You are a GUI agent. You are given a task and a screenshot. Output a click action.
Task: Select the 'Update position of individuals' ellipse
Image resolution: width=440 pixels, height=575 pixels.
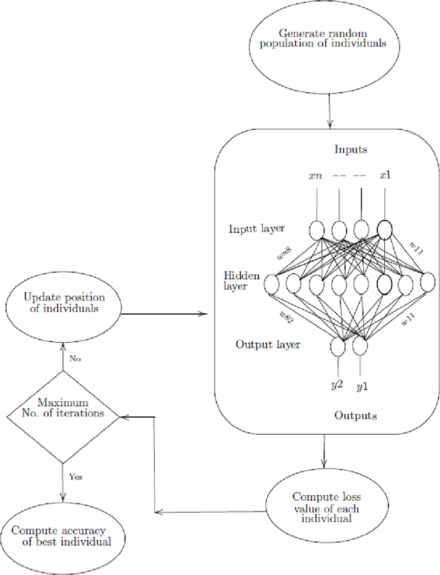point(64,303)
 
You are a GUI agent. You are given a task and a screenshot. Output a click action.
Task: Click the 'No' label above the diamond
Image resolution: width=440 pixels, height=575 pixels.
point(75,358)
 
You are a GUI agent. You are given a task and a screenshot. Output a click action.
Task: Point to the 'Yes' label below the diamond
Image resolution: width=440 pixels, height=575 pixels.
point(76,476)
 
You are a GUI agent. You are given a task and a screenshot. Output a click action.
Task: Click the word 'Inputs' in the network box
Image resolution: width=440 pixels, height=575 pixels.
point(351,149)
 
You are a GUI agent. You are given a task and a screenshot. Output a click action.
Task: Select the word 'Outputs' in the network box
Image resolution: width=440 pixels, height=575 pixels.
point(355,416)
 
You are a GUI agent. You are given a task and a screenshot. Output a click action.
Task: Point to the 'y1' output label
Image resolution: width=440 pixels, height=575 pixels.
point(362,386)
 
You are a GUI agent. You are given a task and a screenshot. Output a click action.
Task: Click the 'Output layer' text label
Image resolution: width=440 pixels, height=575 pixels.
point(267,344)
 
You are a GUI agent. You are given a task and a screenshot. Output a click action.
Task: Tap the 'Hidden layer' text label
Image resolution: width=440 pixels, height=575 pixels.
point(241,280)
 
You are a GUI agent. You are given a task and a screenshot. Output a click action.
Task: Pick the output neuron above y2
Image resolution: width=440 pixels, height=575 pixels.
point(338,348)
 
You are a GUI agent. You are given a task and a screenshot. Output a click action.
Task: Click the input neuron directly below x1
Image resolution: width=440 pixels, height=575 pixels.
point(384,229)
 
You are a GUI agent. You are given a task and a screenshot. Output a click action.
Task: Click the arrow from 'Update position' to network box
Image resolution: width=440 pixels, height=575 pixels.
point(165,314)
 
